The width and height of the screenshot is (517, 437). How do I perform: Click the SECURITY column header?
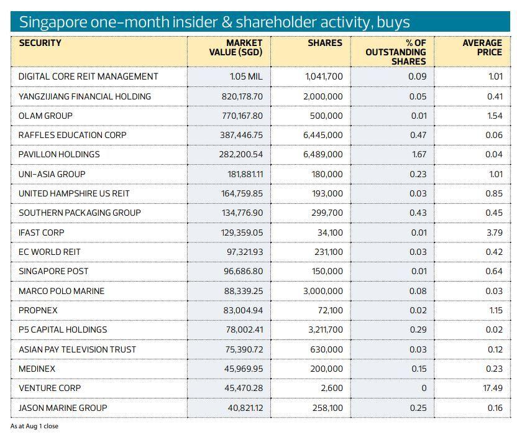40,44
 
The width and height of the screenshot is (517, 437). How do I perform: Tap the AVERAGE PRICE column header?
482,48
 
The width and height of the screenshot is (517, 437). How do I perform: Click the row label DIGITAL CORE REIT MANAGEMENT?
88,76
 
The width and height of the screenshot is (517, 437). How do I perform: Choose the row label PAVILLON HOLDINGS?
59,154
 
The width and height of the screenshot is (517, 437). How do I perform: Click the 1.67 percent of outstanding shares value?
418,154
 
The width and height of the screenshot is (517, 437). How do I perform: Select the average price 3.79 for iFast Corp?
495,232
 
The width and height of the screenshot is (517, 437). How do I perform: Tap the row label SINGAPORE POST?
53,271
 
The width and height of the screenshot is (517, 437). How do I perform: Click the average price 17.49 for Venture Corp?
493,388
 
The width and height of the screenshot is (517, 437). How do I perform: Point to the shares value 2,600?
331,388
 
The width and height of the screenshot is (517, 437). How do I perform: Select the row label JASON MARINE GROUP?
63,408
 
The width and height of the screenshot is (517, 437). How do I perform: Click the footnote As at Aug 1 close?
34,426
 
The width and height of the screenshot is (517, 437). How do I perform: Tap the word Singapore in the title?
50,22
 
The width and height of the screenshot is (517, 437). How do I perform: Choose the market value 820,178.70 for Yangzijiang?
242,96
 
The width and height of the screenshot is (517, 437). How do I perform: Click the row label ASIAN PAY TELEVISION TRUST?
77,349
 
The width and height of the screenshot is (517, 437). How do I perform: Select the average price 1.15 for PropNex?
495,310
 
